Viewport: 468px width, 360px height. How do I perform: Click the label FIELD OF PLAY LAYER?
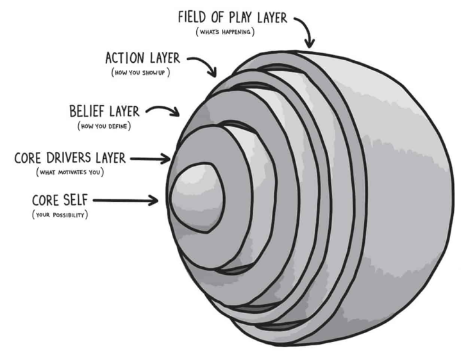pos(233,17)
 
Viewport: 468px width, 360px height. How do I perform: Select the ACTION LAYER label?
pos(142,58)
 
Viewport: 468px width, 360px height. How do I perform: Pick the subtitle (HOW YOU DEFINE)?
pos(104,126)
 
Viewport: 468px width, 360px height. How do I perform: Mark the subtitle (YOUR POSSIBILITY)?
pos(60,214)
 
